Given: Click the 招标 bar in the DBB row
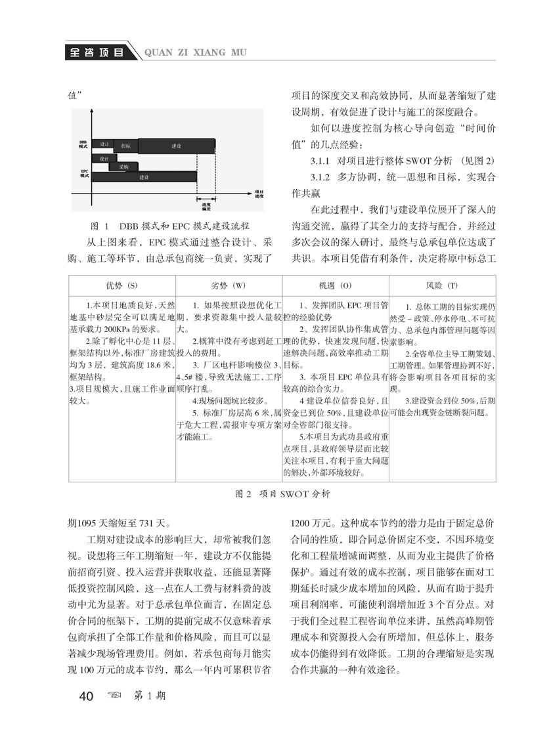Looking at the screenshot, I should pos(126,144).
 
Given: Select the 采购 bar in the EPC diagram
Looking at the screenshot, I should pos(123,167).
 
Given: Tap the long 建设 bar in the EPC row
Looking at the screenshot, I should pos(143,177).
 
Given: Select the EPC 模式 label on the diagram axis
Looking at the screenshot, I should pos(83,174).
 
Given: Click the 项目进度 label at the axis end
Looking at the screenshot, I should pos(258,194).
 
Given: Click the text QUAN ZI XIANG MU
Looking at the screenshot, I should pos(195,52).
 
